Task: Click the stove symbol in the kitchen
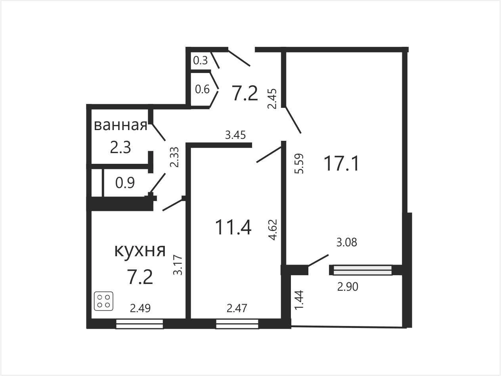pos(103,301)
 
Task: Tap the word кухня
pos(140,251)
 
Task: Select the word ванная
pos(120,125)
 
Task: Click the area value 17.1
pos(341,163)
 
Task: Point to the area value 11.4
pos(233,227)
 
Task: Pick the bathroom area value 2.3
pos(120,147)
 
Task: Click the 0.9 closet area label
pos(125,182)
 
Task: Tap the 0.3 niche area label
pos(201,60)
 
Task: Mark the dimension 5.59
pos(299,164)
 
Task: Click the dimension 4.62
pos(273,230)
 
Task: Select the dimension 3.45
pos(235,135)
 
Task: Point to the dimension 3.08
pos(347,242)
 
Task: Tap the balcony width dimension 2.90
pos(348,287)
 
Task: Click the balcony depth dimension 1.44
pos(299,300)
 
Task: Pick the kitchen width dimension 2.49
pos(140,308)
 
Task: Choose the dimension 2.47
pos(237,308)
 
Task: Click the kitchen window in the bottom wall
pos(140,324)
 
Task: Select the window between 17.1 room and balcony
pos(363,270)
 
